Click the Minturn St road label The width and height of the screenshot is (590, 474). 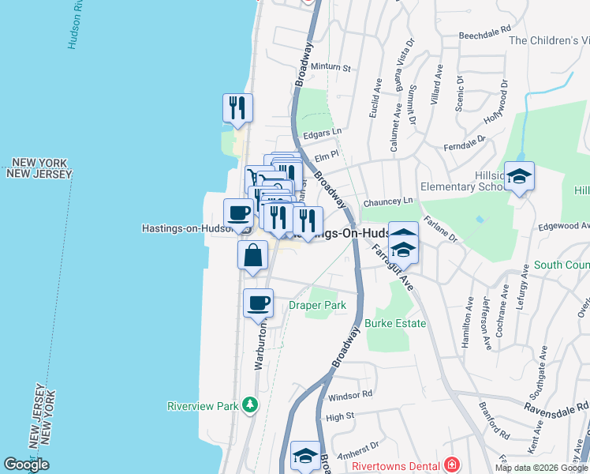[x=331, y=68]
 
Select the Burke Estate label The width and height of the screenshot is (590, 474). [x=395, y=323]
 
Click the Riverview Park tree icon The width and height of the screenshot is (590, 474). [x=250, y=404]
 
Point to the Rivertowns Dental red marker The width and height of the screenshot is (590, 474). [x=451, y=465]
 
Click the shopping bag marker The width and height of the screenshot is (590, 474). [x=252, y=256]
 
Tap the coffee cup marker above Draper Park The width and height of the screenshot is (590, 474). [x=258, y=303]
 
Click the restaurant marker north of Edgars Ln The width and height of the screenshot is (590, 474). [x=237, y=108]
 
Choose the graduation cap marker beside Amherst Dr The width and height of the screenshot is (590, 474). [x=305, y=456]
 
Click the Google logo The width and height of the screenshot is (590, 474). [x=26, y=465]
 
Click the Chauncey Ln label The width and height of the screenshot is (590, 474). [x=388, y=202]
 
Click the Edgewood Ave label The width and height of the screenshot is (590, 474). [x=563, y=226]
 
